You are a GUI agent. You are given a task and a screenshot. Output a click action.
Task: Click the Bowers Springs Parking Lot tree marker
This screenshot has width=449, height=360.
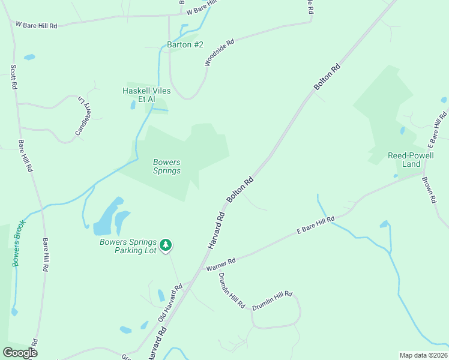(166, 245)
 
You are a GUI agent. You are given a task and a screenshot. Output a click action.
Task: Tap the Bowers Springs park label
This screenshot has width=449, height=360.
(167, 166)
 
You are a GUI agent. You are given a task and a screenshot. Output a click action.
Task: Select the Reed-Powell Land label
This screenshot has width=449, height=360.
(411, 160)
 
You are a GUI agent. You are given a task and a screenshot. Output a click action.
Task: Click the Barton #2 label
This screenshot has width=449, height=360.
(185, 45)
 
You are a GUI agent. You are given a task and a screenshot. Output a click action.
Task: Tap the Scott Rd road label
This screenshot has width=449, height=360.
(13, 77)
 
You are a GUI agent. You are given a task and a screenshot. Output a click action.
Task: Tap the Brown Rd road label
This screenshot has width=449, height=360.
(428, 190)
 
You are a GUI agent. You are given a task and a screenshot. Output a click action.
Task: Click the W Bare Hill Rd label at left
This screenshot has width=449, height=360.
(36, 25)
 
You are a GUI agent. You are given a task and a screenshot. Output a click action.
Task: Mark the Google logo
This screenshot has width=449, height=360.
(20, 353)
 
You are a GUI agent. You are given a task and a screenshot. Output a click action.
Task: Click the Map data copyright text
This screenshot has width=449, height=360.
(423, 355)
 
